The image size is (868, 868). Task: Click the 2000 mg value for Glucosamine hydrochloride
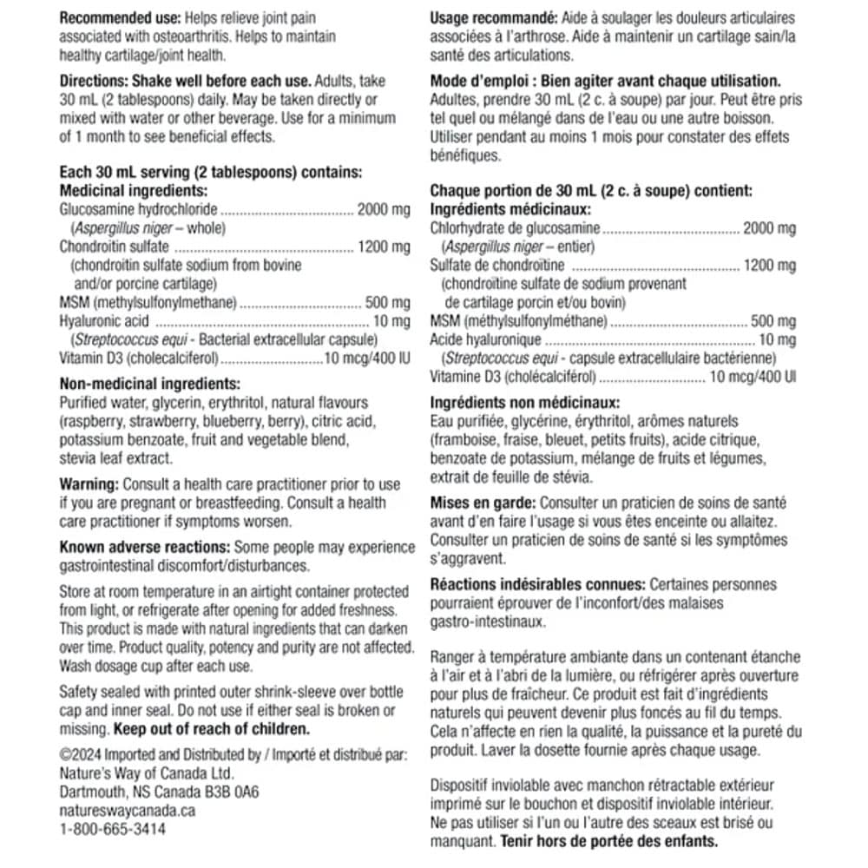[383, 210]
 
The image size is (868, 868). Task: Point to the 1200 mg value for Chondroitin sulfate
[383, 247]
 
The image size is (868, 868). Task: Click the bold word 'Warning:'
[89, 484]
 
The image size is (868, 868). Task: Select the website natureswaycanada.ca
[127, 811]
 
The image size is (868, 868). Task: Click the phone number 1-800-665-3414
[112, 829]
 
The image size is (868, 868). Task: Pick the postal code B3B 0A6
[229, 792]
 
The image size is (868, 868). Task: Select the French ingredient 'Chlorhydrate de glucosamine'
[515, 228]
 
